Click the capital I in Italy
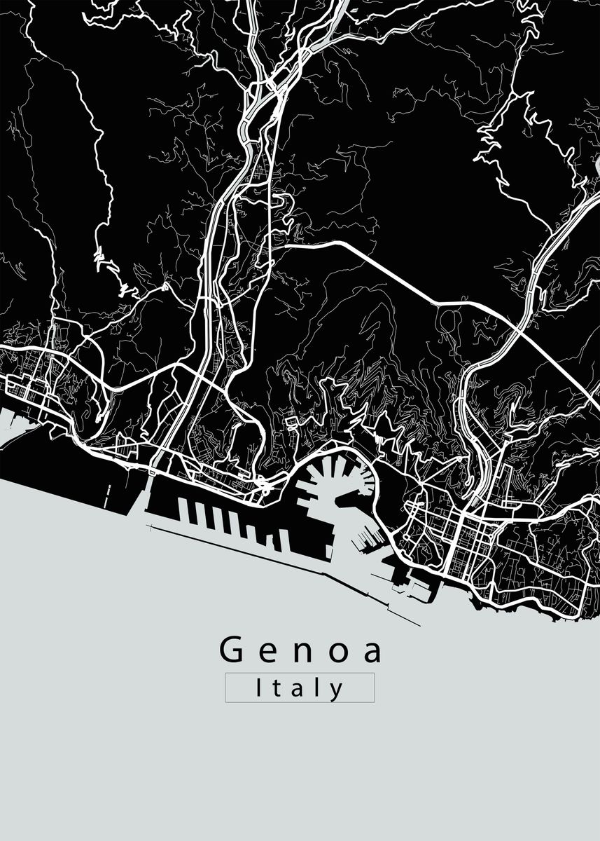pos(259,688)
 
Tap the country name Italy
pos(300,688)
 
